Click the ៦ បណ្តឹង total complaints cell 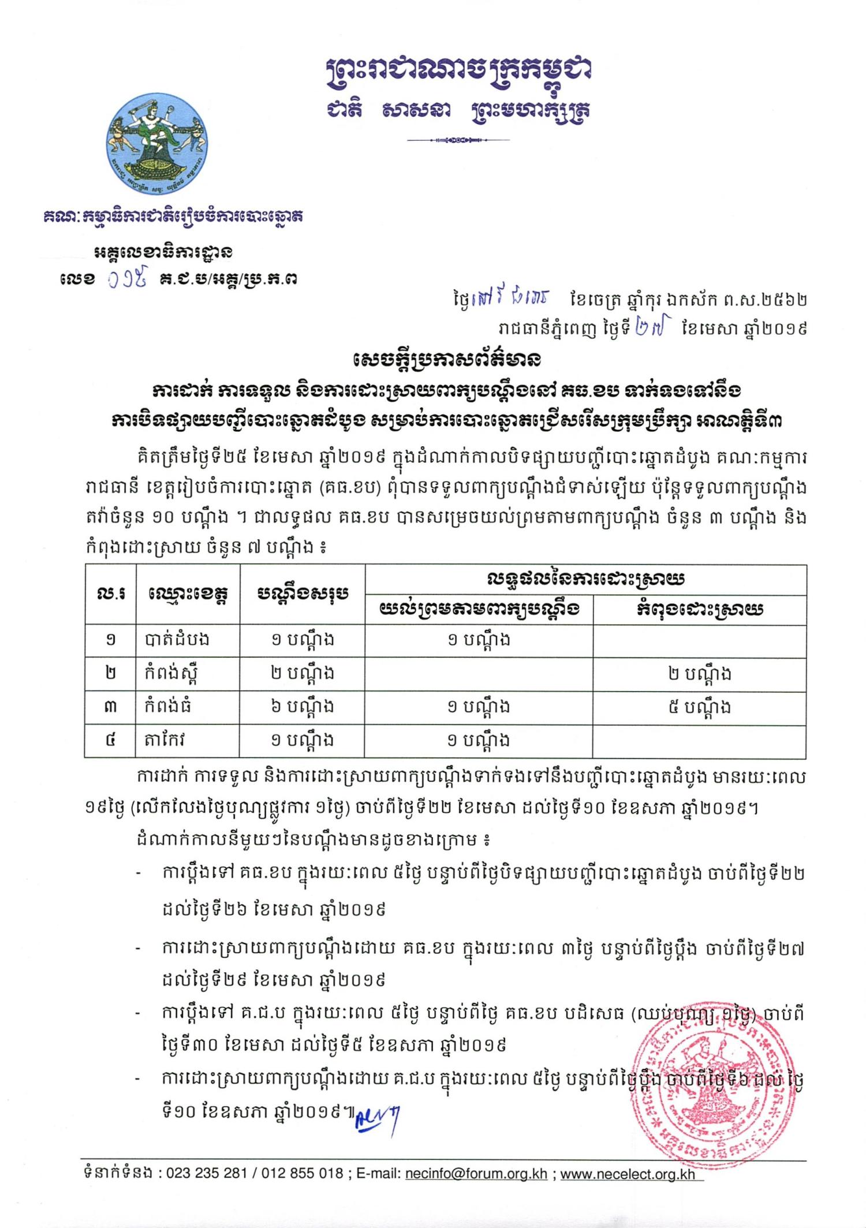pos(302,707)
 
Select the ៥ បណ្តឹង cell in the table pos(699,707)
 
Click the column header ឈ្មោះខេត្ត pos(187,594)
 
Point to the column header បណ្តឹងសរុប pos(302,594)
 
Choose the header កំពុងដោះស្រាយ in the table pos(699,610)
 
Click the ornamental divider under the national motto pos(458,140)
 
